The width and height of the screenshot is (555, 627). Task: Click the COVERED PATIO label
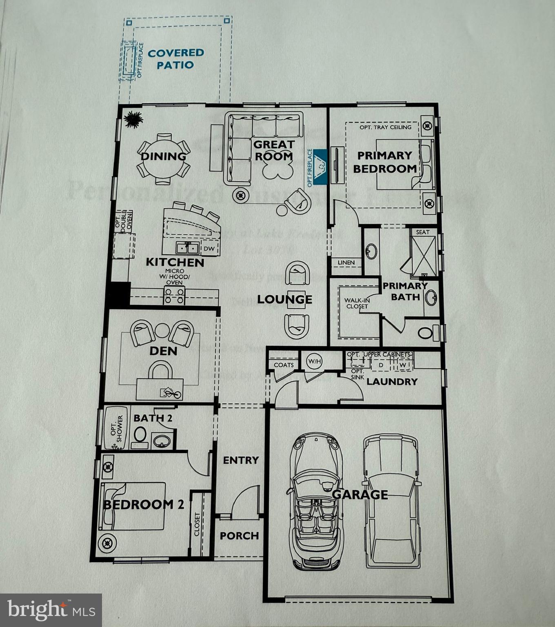pos(175,59)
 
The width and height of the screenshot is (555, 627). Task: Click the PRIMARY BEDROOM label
pos(384,162)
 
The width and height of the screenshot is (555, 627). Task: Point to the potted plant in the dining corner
pos(133,120)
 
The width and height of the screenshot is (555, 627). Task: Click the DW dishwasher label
pos(209,249)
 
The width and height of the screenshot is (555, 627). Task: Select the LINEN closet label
pos(346,262)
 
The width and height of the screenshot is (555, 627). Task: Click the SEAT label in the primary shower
pos(423,232)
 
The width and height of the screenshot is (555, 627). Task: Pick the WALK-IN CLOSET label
pos(357,303)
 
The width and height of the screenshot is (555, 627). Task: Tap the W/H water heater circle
pos(315,361)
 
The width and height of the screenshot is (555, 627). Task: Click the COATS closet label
pos(284,365)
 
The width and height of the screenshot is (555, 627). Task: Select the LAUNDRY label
pos(392,382)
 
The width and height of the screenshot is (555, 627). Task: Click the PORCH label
pos(239,536)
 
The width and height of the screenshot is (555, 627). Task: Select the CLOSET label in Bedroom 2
pos(197,524)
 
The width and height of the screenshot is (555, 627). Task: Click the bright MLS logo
pos(51,610)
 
